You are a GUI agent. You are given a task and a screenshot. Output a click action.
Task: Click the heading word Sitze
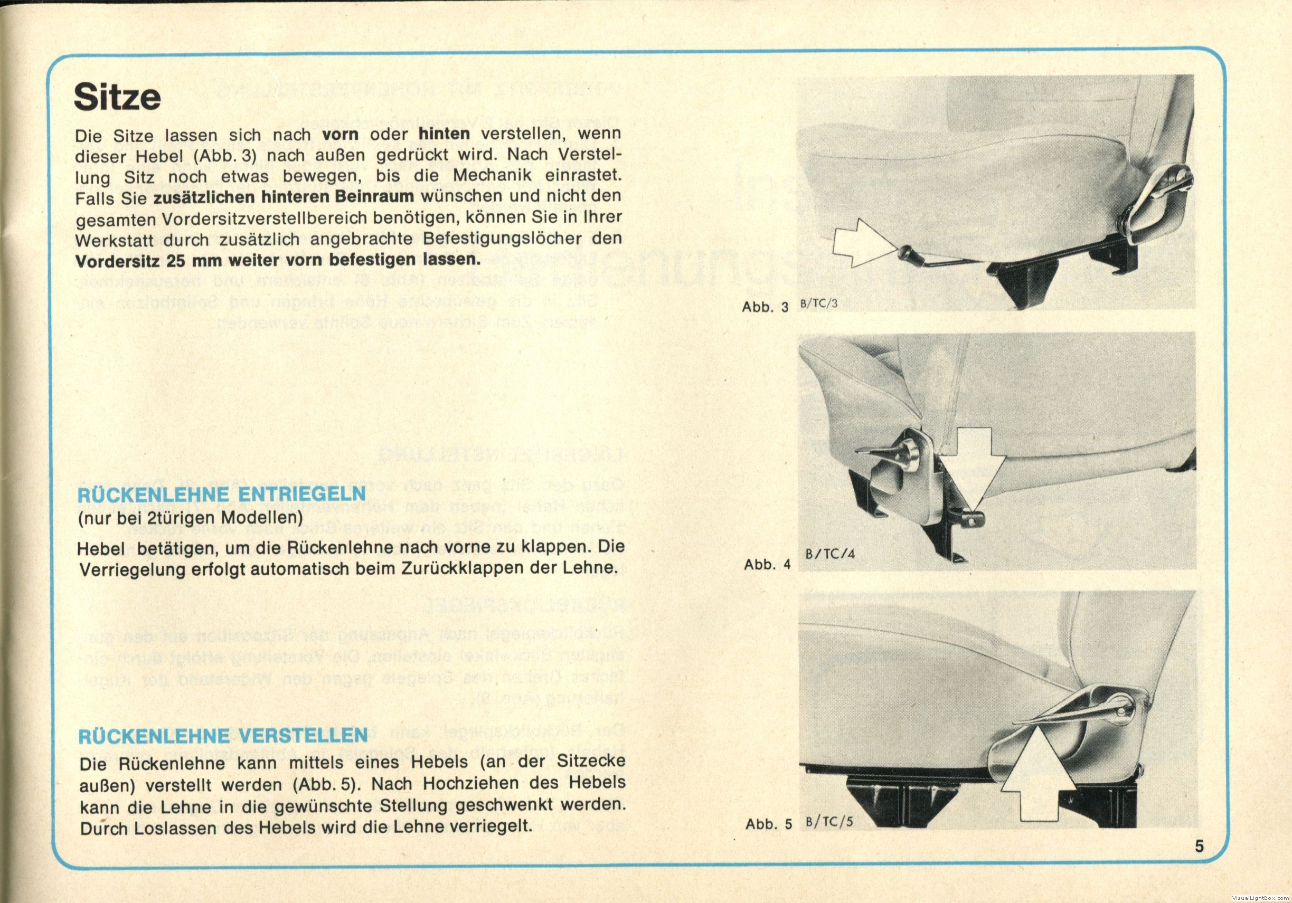[x=117, y=97]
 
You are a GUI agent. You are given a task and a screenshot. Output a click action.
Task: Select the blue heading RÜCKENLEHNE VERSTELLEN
[x=223, y=736]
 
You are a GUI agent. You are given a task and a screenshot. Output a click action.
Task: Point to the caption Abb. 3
[x=765, y=307]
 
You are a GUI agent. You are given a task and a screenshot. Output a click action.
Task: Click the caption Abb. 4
[x=767, y=564]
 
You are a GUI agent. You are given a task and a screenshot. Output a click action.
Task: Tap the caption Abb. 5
[x=768, y=824]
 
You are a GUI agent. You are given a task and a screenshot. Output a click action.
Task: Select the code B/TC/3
[x=819, y=304]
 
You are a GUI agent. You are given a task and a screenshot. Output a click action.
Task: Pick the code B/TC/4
[x=829, y=553]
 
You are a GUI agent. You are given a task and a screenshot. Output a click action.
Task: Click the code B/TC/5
[x=829, y=821]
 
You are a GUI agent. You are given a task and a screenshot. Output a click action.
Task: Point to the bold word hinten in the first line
[x=444, y=134]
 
